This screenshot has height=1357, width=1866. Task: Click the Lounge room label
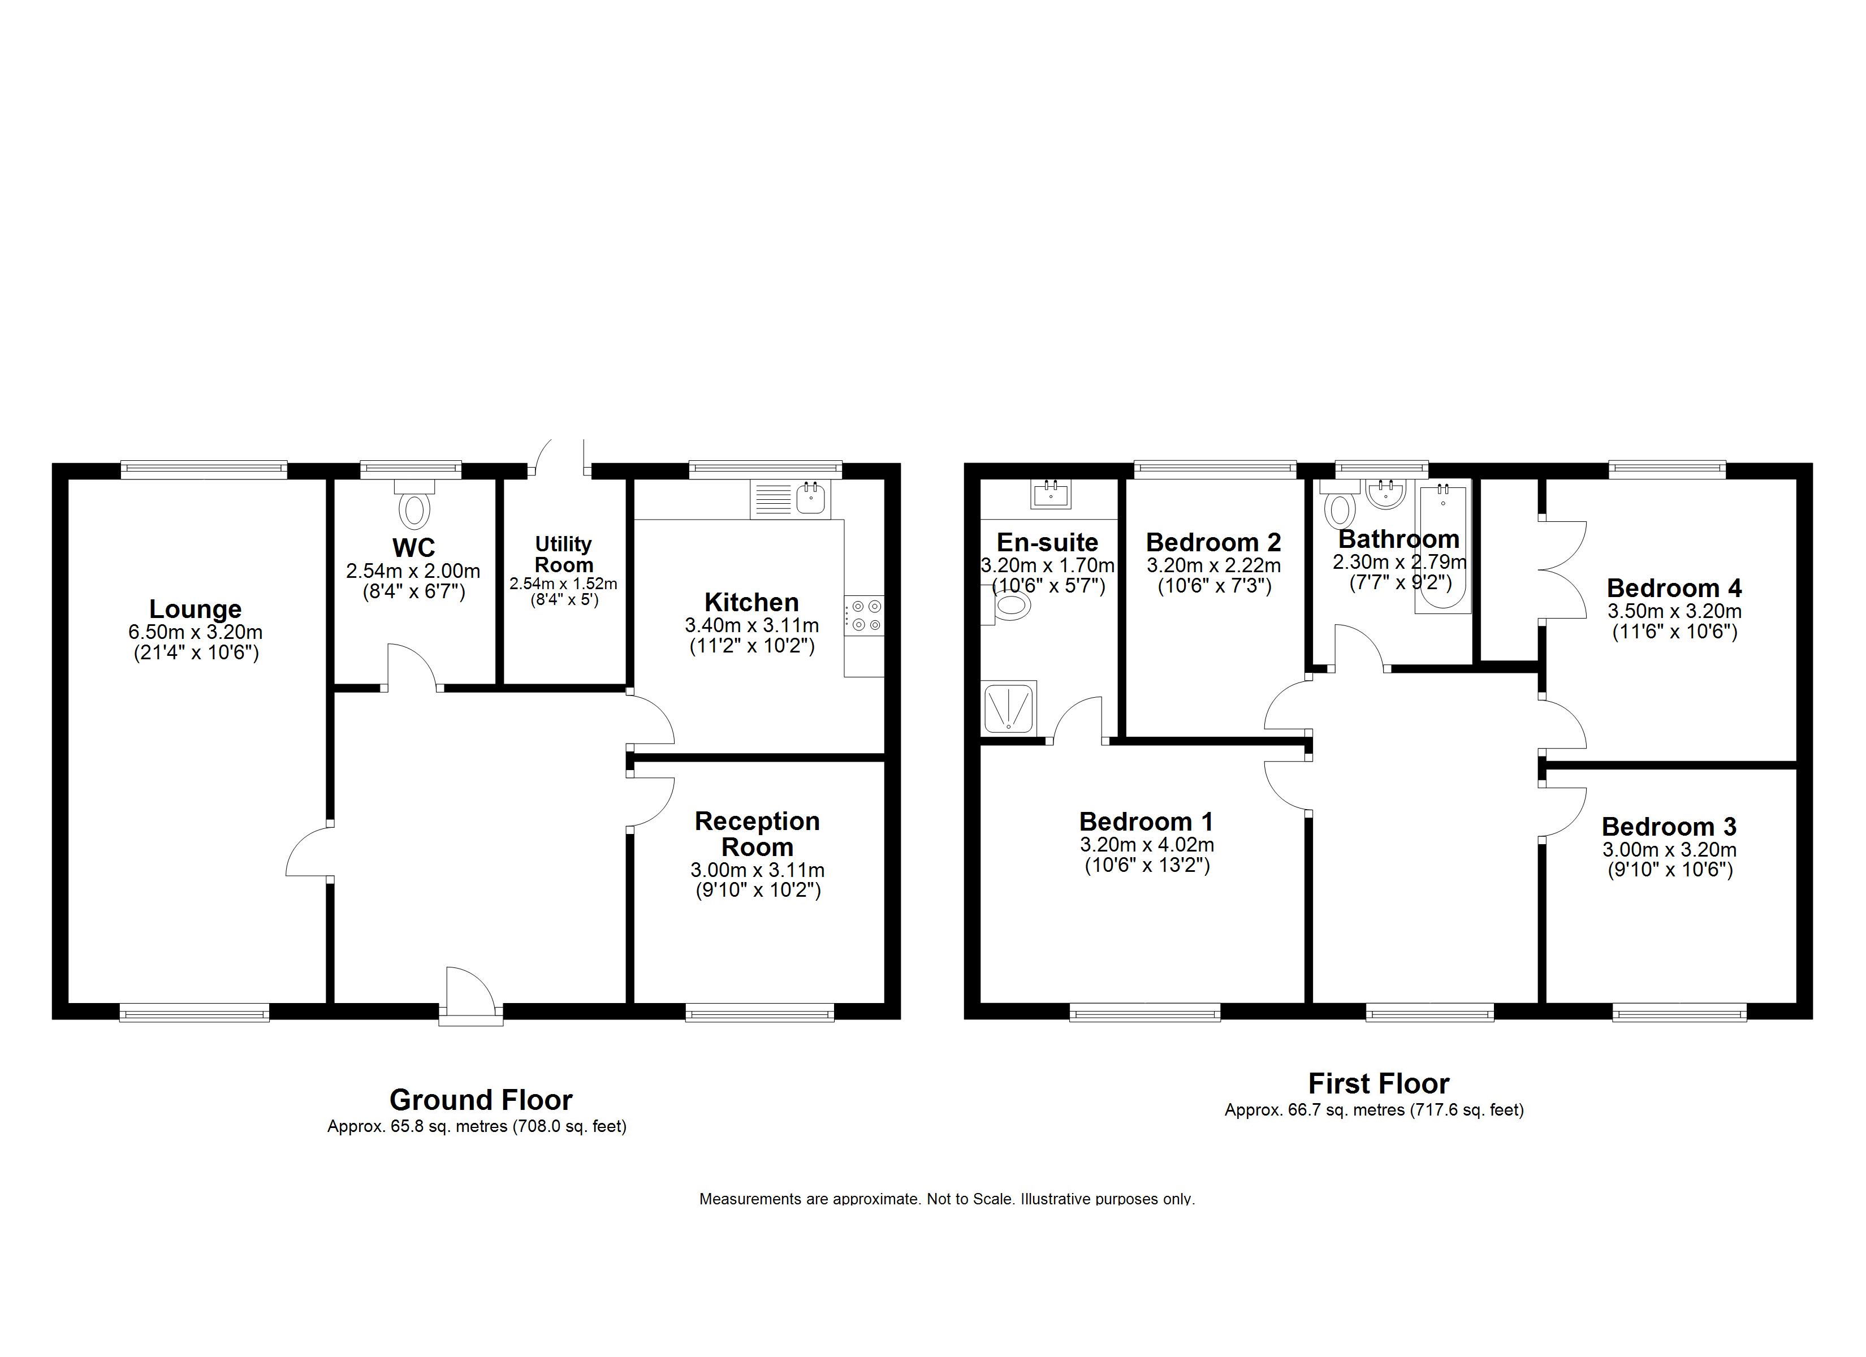[195, 609]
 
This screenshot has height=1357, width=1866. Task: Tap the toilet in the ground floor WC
[414, 504]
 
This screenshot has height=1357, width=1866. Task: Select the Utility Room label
[564, 555]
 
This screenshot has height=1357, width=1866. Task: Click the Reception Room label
[757, 833]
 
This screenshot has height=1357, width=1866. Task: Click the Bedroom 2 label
[1213, 542]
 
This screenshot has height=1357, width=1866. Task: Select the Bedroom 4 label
[1674, 589]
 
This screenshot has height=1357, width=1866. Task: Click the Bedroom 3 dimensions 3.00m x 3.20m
[1669, 850]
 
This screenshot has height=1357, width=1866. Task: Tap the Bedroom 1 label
[1146, 822]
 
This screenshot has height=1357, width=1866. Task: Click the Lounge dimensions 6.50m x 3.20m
[195, 632]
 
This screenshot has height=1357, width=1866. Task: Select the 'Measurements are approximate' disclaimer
[947, 1199]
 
